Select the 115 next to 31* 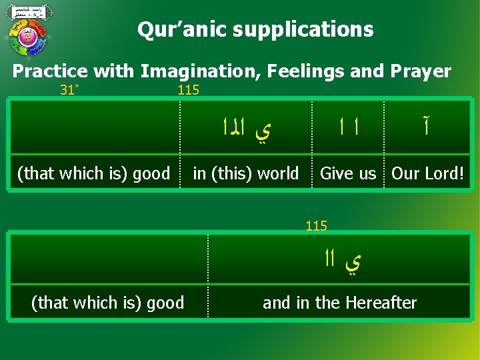(188, 90)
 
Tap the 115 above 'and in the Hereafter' (316, 226)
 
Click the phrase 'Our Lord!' (427, 173)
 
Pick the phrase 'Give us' (348, 173)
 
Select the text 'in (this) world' (245, 173)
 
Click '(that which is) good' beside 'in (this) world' (93, 173)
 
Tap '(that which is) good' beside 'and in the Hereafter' (107, 303)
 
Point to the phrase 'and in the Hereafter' (339, 303)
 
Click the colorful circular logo (28, 37)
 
